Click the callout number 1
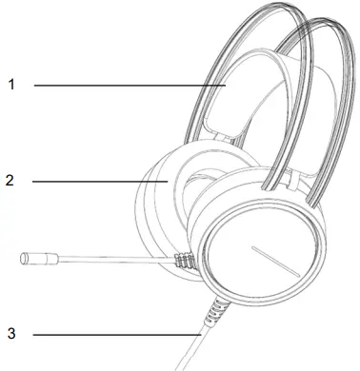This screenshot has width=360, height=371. [x=11, y=85]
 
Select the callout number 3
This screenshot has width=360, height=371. [x=11, y=334]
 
